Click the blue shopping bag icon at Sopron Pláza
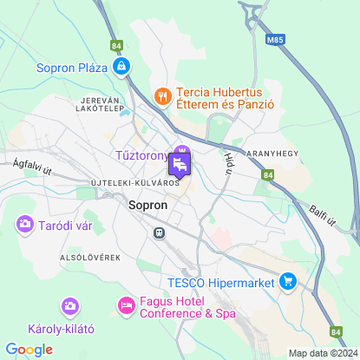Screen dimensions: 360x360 tap(123, 66)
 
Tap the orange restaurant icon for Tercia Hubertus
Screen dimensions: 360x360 tap(160, 95)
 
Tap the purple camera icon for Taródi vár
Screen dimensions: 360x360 tap(24, 225)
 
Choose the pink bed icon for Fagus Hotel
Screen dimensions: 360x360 tap(126, 305)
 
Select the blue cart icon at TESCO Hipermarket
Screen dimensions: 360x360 tap(287, 281)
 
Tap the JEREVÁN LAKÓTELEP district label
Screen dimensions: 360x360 tap(97, 105)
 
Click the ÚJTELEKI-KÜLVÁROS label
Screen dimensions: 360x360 tap(134, 183)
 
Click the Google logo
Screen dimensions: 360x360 tap(29, 350)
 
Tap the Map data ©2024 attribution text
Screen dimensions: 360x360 tap(322, 353)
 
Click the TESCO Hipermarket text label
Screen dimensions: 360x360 tap(220, 281)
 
